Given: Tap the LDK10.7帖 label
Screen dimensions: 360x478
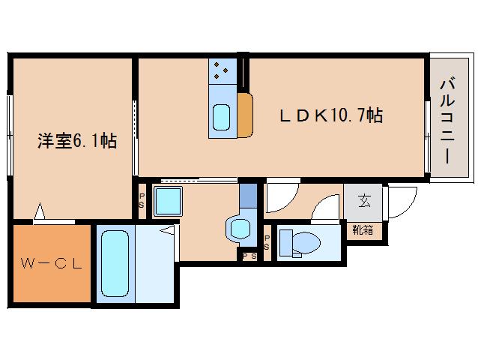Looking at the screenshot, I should point(331,115).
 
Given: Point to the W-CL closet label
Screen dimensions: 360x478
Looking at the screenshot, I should point(51,264).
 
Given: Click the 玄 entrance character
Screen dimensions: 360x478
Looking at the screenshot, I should point(363,202).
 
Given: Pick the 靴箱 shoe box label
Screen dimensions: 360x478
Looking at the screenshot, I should point(363,230).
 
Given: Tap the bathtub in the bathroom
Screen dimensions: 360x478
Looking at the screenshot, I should point(115,264).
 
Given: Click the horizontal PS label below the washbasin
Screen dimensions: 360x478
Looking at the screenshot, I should point(248,256).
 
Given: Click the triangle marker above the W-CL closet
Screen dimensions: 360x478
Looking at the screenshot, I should point(40,213).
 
